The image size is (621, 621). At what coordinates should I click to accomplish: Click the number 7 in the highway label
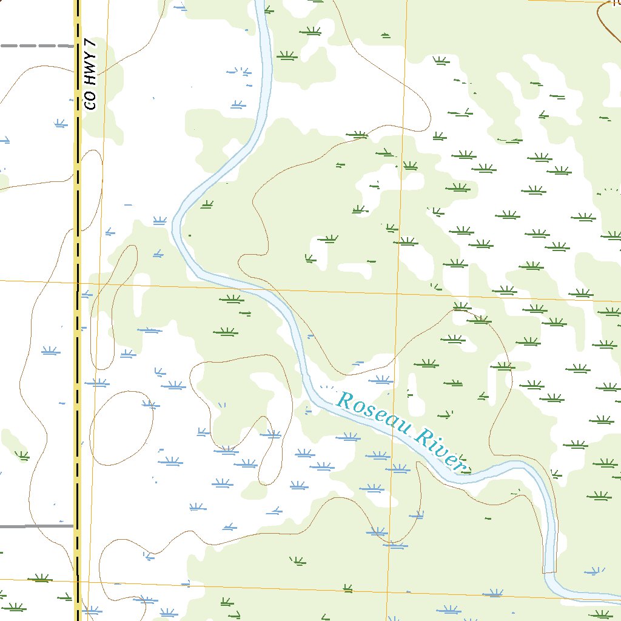pyautogui.click(x=91, y=44)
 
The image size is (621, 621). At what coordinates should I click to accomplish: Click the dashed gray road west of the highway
pyautogui.click(x=36, y=45)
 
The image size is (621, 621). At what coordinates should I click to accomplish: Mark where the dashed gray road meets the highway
pyautogui.click(x=77, y=45)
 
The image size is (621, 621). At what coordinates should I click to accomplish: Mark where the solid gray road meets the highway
pyautogui.click(x=77, y=526)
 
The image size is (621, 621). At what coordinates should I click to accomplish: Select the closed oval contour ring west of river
pyautogui.click(x=121, y=428)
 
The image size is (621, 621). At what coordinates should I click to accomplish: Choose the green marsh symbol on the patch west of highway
pyautogui.click(x=21, y=455)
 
